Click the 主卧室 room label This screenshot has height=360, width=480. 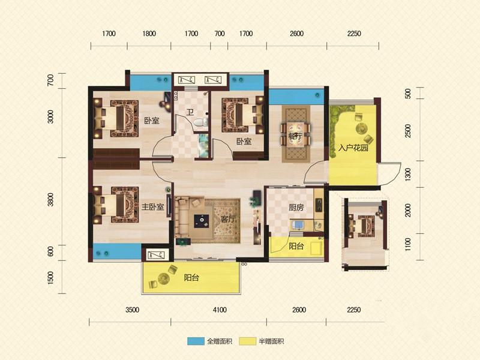coord(153,207)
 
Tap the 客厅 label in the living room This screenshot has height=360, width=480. coord(228,219)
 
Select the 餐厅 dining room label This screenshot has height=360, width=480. coord(295,136)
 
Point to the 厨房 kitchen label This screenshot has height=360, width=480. coord(296,208)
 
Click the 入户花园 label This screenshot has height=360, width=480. coord(353,148)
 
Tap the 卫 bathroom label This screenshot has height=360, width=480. coord(190,112)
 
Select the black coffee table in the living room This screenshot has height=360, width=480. coord(202,221)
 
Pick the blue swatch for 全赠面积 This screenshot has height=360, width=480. coord(196,341)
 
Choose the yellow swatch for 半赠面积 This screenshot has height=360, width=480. coord(248,341)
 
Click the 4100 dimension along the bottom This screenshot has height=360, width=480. coord(220,310)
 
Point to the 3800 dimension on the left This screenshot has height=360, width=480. coord(50,199)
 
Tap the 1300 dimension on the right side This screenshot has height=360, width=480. coord(408,175)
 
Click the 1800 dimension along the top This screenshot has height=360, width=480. coord(149,34)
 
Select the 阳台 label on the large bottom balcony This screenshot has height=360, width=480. coord(191,278)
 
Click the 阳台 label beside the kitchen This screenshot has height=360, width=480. coord(296,246)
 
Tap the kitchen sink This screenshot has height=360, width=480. coord(297,226)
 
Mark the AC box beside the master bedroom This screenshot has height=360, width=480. coord(156,254)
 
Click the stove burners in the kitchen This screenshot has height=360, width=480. coord(319,205)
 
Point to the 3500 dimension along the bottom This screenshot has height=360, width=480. coord(132,310)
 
